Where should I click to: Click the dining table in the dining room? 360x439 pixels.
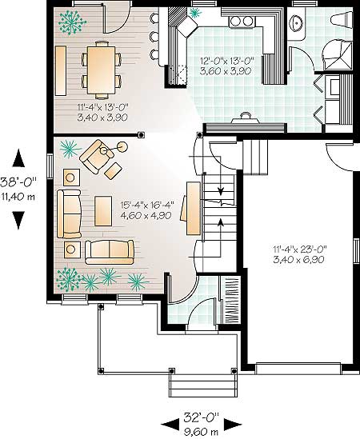click(101, 70)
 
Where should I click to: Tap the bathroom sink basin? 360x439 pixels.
click(295, 23)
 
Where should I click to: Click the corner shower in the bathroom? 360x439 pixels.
click(337, 55)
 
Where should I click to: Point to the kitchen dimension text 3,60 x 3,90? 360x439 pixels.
click(226, 71)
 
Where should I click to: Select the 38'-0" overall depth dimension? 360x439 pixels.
click(18, 183)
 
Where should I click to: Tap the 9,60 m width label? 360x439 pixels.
click(201, 432)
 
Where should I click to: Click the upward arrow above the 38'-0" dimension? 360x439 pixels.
click(18, 158)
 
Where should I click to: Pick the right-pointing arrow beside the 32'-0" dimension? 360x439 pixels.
click(233, 425)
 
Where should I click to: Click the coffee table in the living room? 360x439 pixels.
click(103, 211)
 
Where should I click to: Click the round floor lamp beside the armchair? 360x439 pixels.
click(122, 146)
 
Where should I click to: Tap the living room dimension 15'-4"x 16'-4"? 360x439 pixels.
click(147, 206)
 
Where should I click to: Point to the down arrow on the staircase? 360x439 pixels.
click(221, 190)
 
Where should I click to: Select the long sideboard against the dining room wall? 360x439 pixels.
click(61, 70)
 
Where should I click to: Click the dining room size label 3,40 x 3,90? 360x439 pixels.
click(102, 117)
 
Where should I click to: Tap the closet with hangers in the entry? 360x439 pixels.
click(230, 300)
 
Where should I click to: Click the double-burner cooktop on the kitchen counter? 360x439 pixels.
click(242, 21)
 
